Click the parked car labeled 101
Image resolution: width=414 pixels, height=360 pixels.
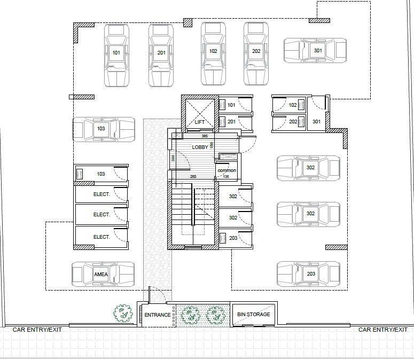point(116,54)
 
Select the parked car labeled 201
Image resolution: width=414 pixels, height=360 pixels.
point(161,54)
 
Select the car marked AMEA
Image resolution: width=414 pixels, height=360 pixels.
point(103,275)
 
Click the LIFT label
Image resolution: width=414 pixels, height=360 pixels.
point(200,122)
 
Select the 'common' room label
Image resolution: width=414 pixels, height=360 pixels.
point(226,170)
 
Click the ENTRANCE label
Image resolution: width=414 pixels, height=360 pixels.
point(158,315)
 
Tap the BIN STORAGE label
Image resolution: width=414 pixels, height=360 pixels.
point(254,315)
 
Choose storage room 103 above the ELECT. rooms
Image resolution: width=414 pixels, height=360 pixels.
point(101,174)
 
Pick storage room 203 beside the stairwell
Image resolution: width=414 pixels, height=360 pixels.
point(233,238)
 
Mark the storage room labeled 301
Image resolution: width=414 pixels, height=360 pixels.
point(317,121)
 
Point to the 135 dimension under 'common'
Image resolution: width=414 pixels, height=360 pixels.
point(225,177)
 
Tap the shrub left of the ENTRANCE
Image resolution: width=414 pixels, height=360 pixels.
point(123,314)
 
